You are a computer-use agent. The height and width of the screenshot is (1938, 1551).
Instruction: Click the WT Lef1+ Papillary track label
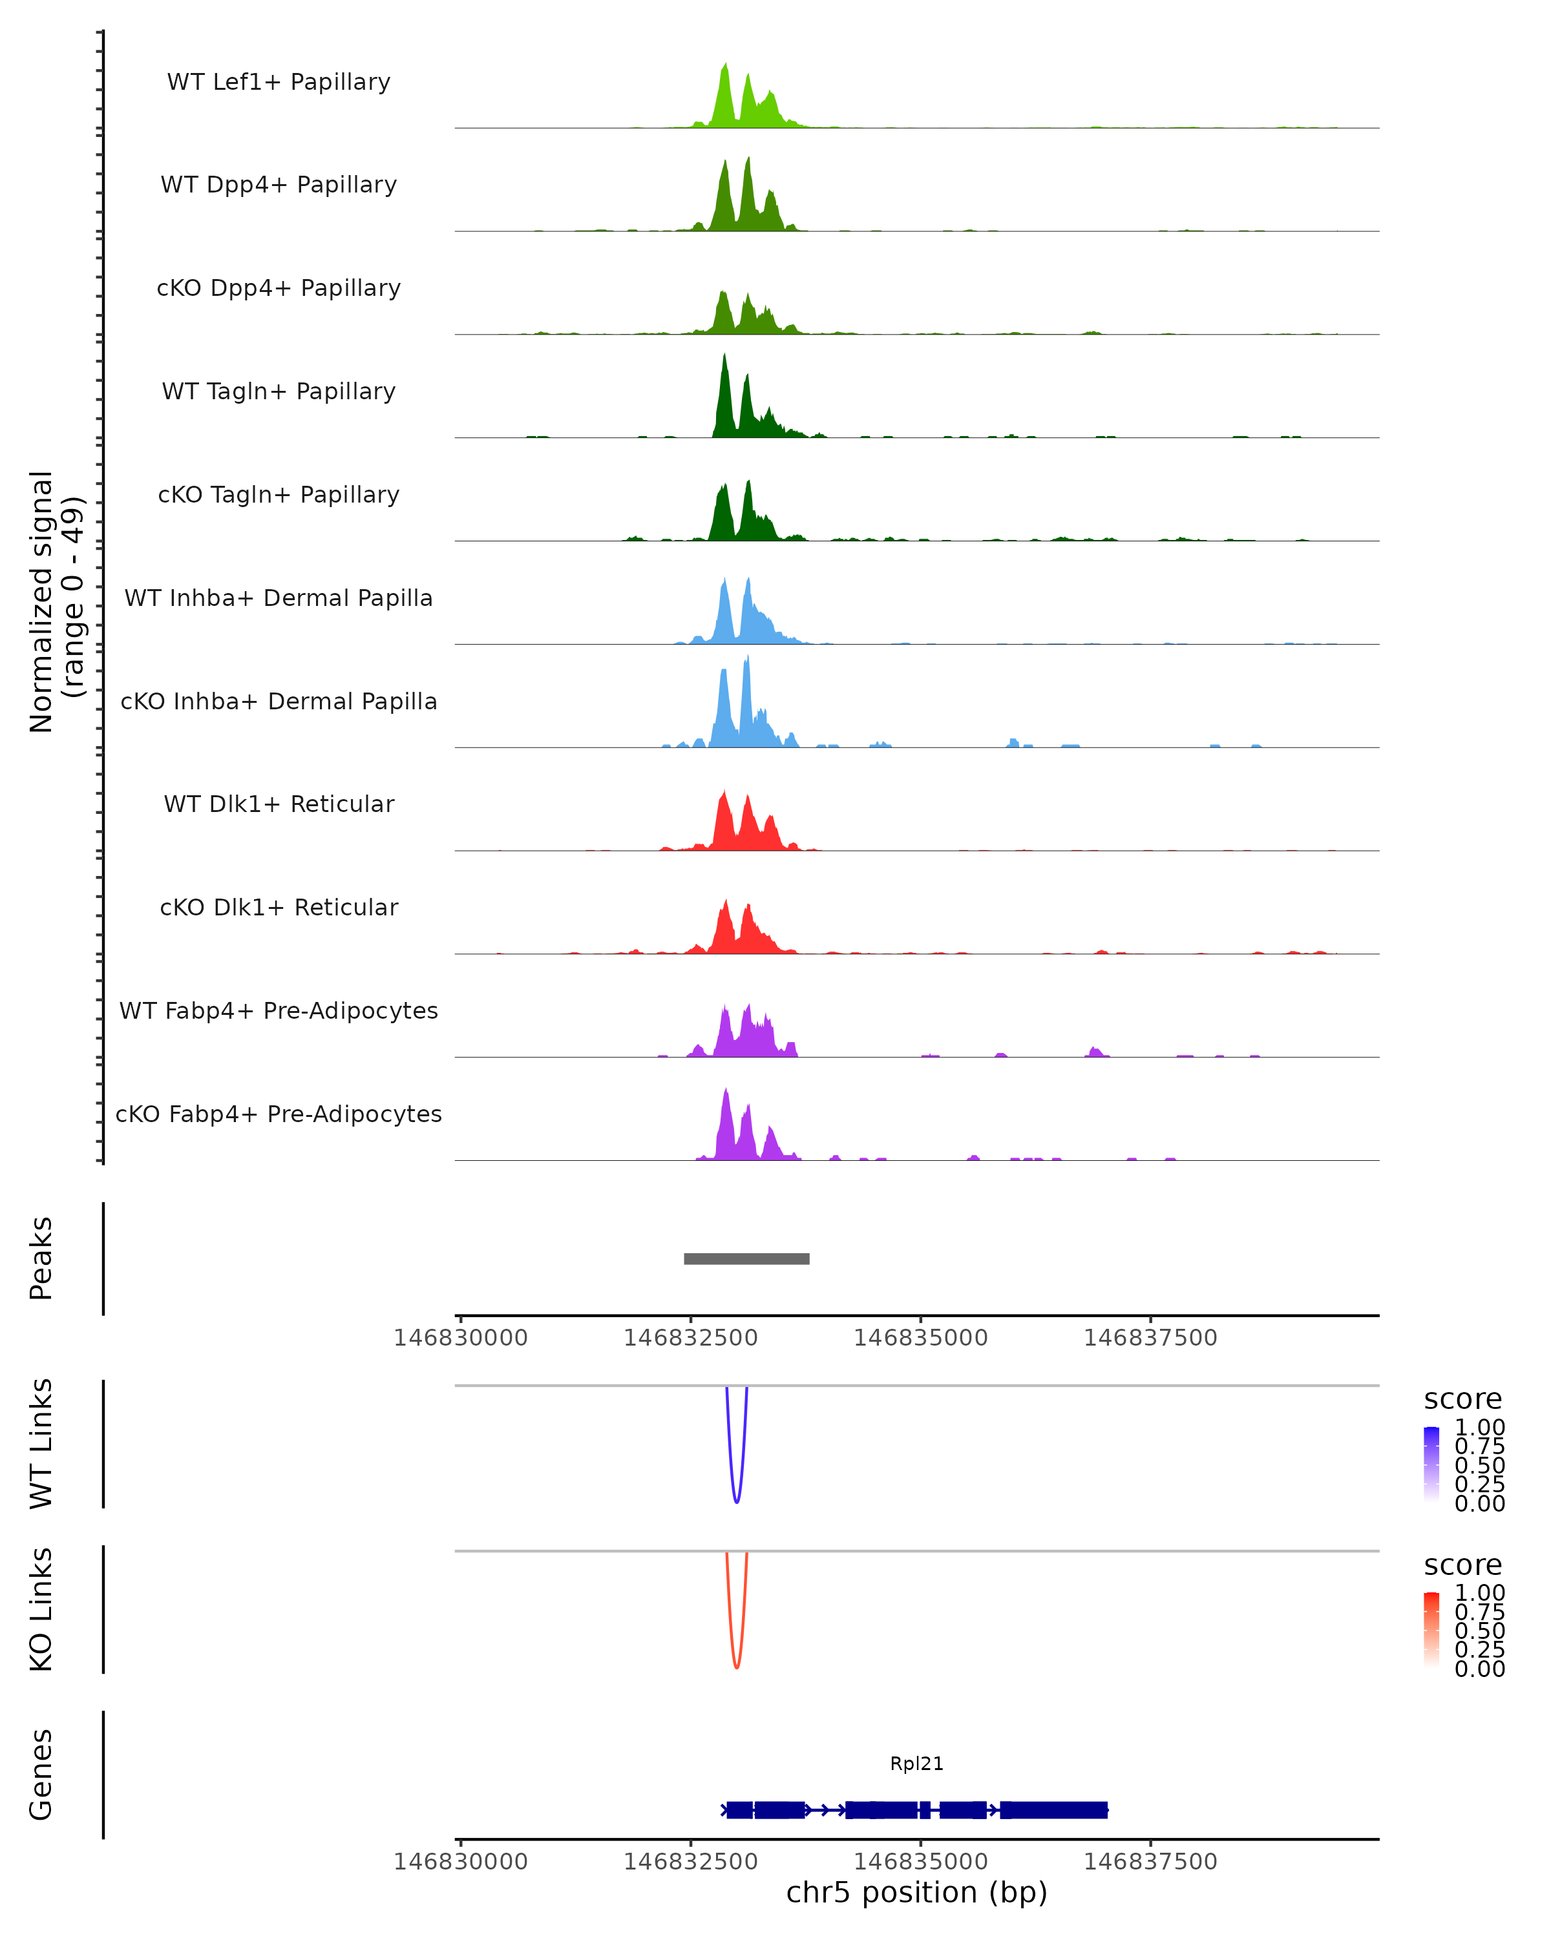coord(279,82)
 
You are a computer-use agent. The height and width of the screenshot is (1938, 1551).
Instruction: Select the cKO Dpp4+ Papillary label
coord(279,289)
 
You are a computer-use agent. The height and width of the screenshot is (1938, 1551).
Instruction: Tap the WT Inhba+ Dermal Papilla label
coord(279,599)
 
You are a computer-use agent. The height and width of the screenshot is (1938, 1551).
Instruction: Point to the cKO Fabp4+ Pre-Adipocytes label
coord(279,1114)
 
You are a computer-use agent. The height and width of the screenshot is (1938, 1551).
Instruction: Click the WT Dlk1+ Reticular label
coord(279,804)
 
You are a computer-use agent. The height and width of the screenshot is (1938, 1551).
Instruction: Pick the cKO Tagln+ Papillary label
coord(279,495)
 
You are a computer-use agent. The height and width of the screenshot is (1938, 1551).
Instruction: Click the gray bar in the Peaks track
coord(746,1258)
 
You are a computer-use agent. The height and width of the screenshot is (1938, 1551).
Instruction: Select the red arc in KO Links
coord(736,1665)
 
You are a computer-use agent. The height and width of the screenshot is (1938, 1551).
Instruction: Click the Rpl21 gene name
coord(916,1764)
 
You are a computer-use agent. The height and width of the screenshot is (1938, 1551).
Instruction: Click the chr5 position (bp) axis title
coord(916,1892)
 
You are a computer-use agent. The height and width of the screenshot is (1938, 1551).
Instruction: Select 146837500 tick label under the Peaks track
coord(1150,1338)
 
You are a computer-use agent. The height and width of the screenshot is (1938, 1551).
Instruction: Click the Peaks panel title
coord(41,1258)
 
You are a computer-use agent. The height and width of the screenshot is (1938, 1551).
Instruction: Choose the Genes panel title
coord(41,1775)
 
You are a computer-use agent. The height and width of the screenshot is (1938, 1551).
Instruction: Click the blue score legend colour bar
coord(1431,1463)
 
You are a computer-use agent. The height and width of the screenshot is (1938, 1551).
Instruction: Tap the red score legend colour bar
coord(1431,1629)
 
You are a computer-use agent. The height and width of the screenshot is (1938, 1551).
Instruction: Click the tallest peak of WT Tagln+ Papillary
coord(724,358)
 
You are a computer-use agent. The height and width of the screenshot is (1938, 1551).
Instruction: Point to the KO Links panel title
coord(41,1609)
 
